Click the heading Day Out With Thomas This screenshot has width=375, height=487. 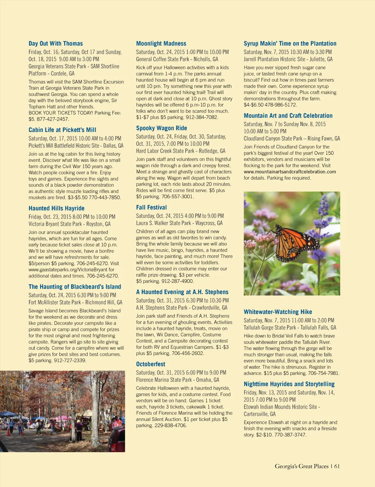point(56,44)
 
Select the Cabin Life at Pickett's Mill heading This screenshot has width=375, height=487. point(62,130)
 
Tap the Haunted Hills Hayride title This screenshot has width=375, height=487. point(56,208)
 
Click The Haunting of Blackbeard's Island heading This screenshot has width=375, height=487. point(75,287)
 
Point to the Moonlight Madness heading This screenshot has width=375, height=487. point(161,44)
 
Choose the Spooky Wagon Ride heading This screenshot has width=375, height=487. point(161,128)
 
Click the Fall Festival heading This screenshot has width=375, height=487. point(151,207)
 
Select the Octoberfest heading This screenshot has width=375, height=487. point(151,364)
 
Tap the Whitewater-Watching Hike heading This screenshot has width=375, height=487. point(278,312)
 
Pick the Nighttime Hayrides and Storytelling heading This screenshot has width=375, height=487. point(289,384)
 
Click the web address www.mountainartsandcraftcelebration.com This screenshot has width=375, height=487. point(290,172)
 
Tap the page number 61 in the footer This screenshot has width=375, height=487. point(337,466)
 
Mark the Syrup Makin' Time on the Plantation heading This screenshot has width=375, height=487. point(290,44)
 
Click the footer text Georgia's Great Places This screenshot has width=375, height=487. point(301,466)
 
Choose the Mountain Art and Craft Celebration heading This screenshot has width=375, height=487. point(288,116)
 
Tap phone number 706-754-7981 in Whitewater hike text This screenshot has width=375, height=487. point(324,373)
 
